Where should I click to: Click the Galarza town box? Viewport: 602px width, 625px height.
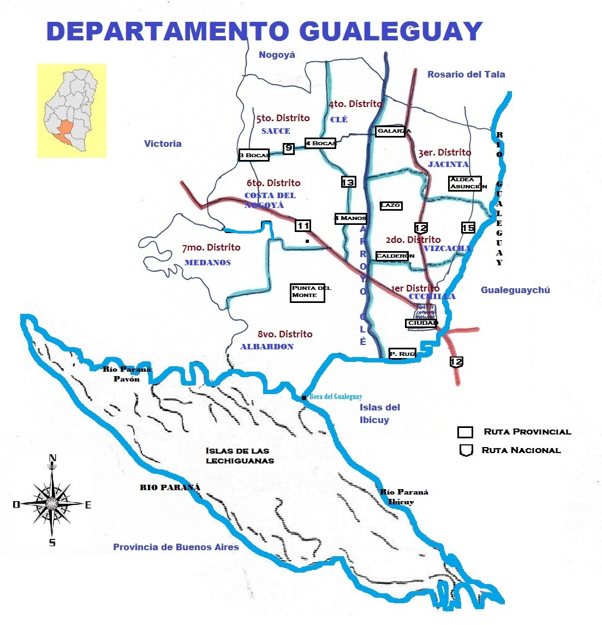[x=390, y=131]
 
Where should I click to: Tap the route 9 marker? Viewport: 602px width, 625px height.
[x=289, y=148]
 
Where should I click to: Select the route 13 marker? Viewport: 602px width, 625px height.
[x=348, y=182]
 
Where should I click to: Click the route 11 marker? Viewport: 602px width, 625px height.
[x=303, y=225]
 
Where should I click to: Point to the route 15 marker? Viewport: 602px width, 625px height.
[x=468, y=228]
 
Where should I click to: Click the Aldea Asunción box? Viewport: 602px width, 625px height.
[x=466, y=183]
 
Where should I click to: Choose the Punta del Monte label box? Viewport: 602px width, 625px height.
[x=308, y=292]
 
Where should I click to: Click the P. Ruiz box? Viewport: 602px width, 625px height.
[x=403, y=354]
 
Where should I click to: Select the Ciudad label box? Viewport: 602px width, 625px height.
[x=422, y=323]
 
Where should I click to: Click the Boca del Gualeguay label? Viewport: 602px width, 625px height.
[x=336, y=397]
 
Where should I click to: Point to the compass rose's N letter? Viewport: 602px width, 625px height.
[x=52, y=458]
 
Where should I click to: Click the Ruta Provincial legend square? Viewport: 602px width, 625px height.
[x=465, y=432]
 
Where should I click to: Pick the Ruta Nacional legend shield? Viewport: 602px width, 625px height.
[x=466, y=451]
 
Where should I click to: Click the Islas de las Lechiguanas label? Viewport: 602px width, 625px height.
[x=239, y=455]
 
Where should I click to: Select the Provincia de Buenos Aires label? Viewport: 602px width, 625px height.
[x=176, y=547]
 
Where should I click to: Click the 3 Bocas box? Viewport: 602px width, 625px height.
[x=254, y=155]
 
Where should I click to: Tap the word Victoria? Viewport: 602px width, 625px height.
[x=163, y=144]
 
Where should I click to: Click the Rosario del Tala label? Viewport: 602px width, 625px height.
[x=466, y=74]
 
